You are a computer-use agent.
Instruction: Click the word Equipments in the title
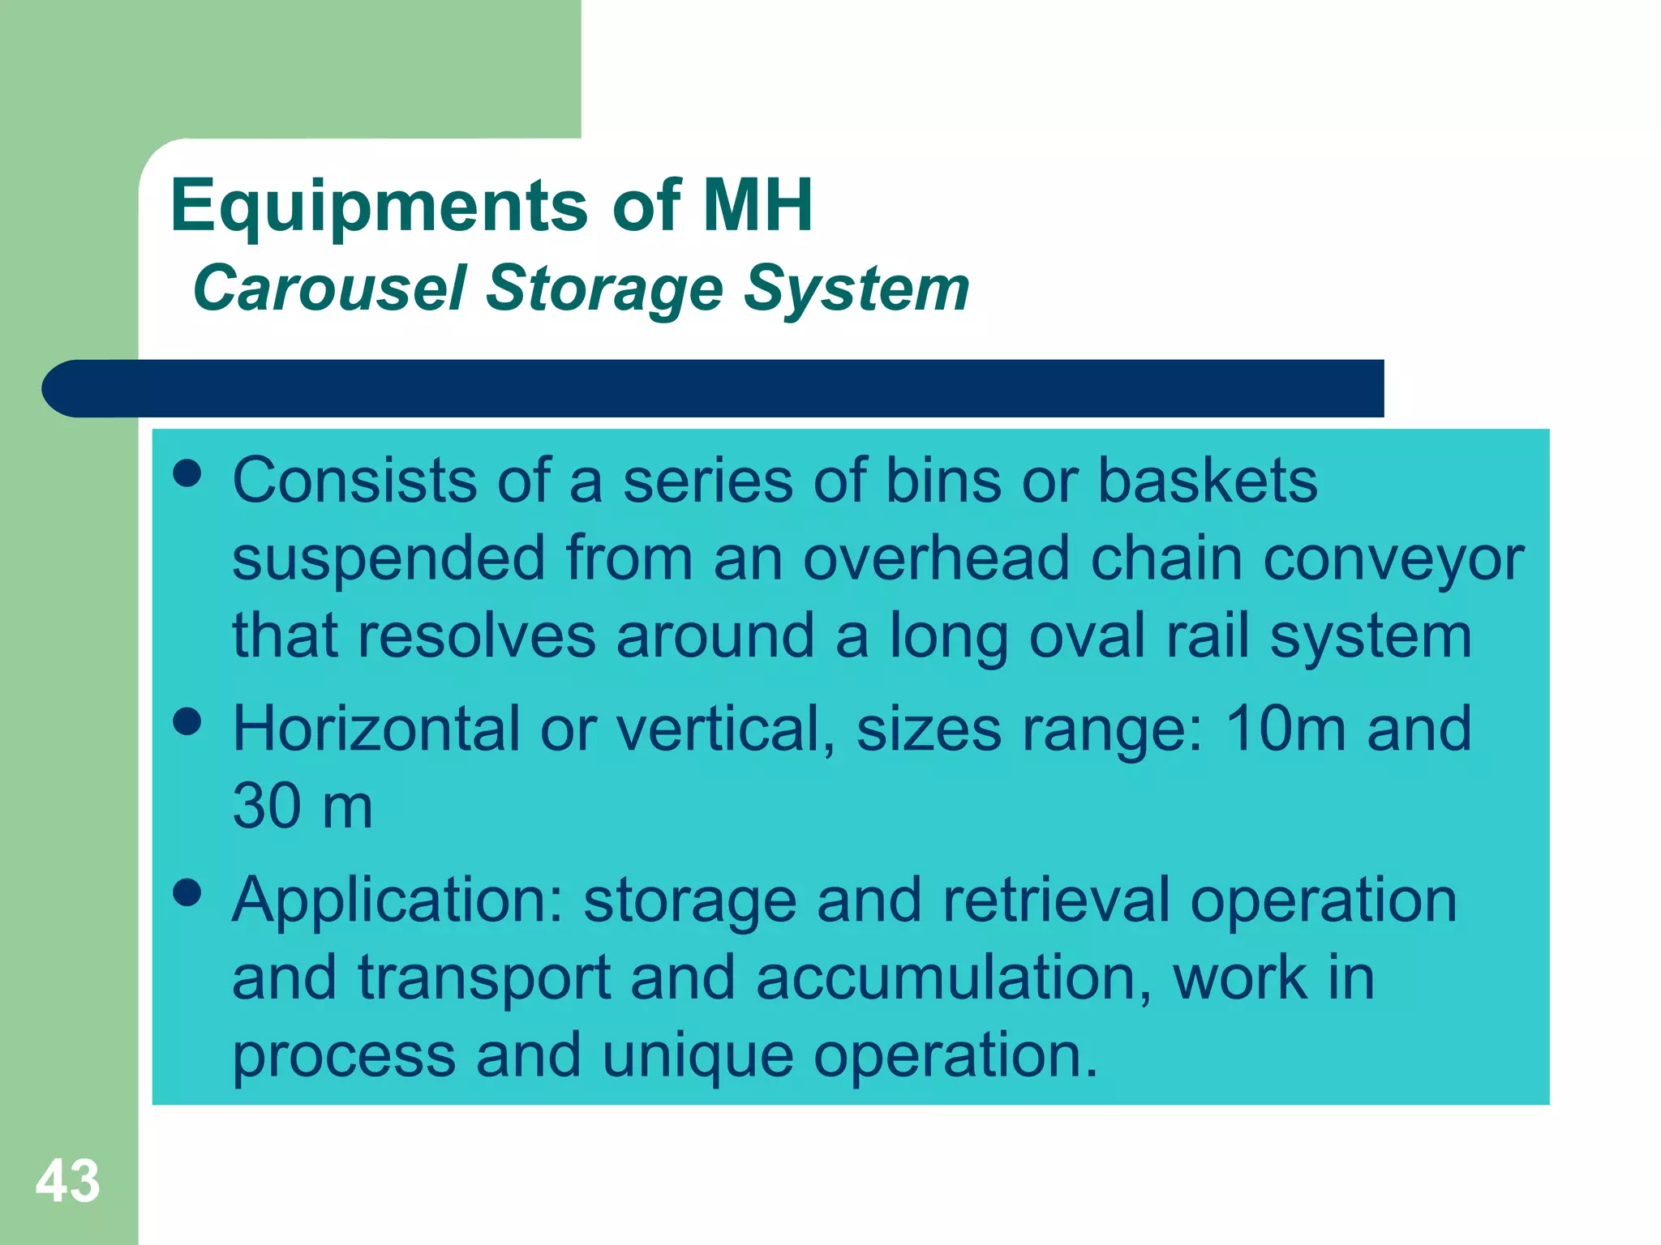click(379, 206)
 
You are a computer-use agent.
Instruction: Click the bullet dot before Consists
click(187, 473)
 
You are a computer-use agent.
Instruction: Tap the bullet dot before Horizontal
click(187, 721)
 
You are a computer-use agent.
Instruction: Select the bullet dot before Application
click(187, 892)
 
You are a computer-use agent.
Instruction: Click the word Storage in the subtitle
click(603, 288)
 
